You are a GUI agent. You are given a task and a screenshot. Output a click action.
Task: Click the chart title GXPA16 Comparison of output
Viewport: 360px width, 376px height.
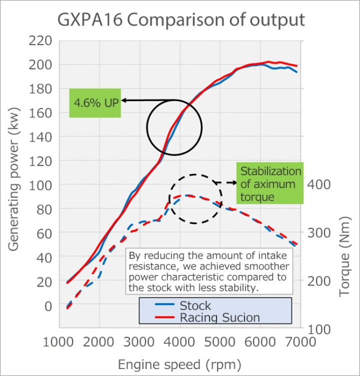tap(180, 19)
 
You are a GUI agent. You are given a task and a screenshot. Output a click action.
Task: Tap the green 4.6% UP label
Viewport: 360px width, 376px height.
tap(95, 103)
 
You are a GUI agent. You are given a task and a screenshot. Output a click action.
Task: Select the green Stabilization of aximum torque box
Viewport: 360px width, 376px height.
tap(270, 184)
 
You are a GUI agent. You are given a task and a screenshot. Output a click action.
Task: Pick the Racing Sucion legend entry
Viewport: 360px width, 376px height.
tap(219, 317)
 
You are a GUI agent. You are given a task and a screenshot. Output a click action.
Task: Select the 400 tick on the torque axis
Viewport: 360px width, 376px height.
tap(319, 184)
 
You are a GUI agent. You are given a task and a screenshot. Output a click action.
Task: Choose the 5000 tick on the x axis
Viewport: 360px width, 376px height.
tap(220, 342)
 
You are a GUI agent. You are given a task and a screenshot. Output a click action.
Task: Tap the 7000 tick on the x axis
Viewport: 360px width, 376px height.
tap(300, 342)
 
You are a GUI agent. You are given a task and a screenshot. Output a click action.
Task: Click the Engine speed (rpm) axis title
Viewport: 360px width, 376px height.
tap(179, 363)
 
